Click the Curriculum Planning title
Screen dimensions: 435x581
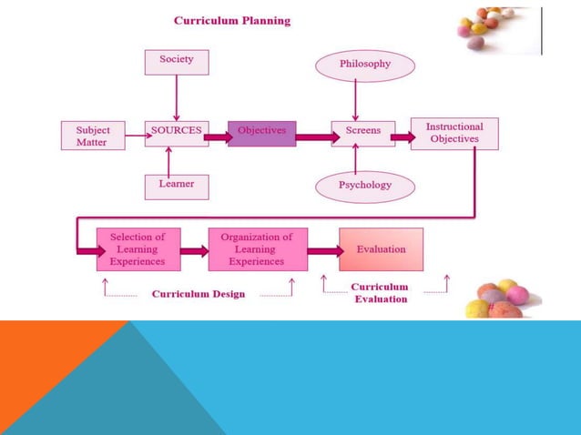(232, 21)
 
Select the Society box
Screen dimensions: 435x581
(176, 62)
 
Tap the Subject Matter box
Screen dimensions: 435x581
(93, 136)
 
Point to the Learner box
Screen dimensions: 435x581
(176, 186)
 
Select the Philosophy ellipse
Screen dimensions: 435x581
(364, 65)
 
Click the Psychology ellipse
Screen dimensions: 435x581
(364, 186)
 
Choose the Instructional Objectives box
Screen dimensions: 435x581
(454, 133)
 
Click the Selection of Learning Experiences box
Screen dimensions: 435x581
(138, 249)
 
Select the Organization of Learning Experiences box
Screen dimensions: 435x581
(257, 249)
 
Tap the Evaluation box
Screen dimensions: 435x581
(381, 249)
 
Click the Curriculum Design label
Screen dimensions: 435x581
(198, 295)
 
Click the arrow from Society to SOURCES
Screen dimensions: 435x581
(176, 96)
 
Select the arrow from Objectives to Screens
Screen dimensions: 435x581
(313, 137)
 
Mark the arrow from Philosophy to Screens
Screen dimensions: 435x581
(356, 100)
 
